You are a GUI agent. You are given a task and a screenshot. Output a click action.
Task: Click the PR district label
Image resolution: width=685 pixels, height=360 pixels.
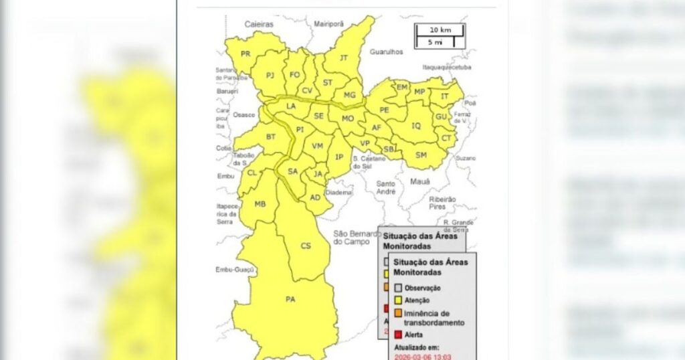[246, 54]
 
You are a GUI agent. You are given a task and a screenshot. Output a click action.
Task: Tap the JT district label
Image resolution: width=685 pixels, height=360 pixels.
[344, 58]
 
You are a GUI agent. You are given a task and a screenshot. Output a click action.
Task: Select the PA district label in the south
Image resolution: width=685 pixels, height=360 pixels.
[290, 299]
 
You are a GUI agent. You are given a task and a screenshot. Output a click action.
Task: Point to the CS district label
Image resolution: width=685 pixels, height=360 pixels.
[306, 246]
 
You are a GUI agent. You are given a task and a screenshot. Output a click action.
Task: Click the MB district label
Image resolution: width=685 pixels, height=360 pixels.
[260, 203]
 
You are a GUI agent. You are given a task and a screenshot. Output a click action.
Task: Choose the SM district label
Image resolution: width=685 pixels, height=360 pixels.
[421, 155]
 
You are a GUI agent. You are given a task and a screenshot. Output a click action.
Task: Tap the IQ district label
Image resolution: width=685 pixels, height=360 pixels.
[416, 125]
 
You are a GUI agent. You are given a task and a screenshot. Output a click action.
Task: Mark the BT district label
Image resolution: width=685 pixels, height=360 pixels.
[271, 137]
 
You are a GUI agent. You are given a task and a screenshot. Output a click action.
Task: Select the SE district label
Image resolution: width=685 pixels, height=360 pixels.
[319, 116]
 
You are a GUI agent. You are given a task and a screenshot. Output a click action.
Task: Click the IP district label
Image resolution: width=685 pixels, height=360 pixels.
[339, 157]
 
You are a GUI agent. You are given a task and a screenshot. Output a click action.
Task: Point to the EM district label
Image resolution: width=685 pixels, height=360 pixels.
[402, 87]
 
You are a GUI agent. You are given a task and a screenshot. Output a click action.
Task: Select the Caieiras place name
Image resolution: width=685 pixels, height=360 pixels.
[259, 24]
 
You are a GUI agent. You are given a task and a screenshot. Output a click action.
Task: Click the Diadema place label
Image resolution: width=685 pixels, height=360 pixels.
[338, 193]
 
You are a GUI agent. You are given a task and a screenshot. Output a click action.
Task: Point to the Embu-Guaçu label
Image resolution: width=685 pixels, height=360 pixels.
[235, 269]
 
